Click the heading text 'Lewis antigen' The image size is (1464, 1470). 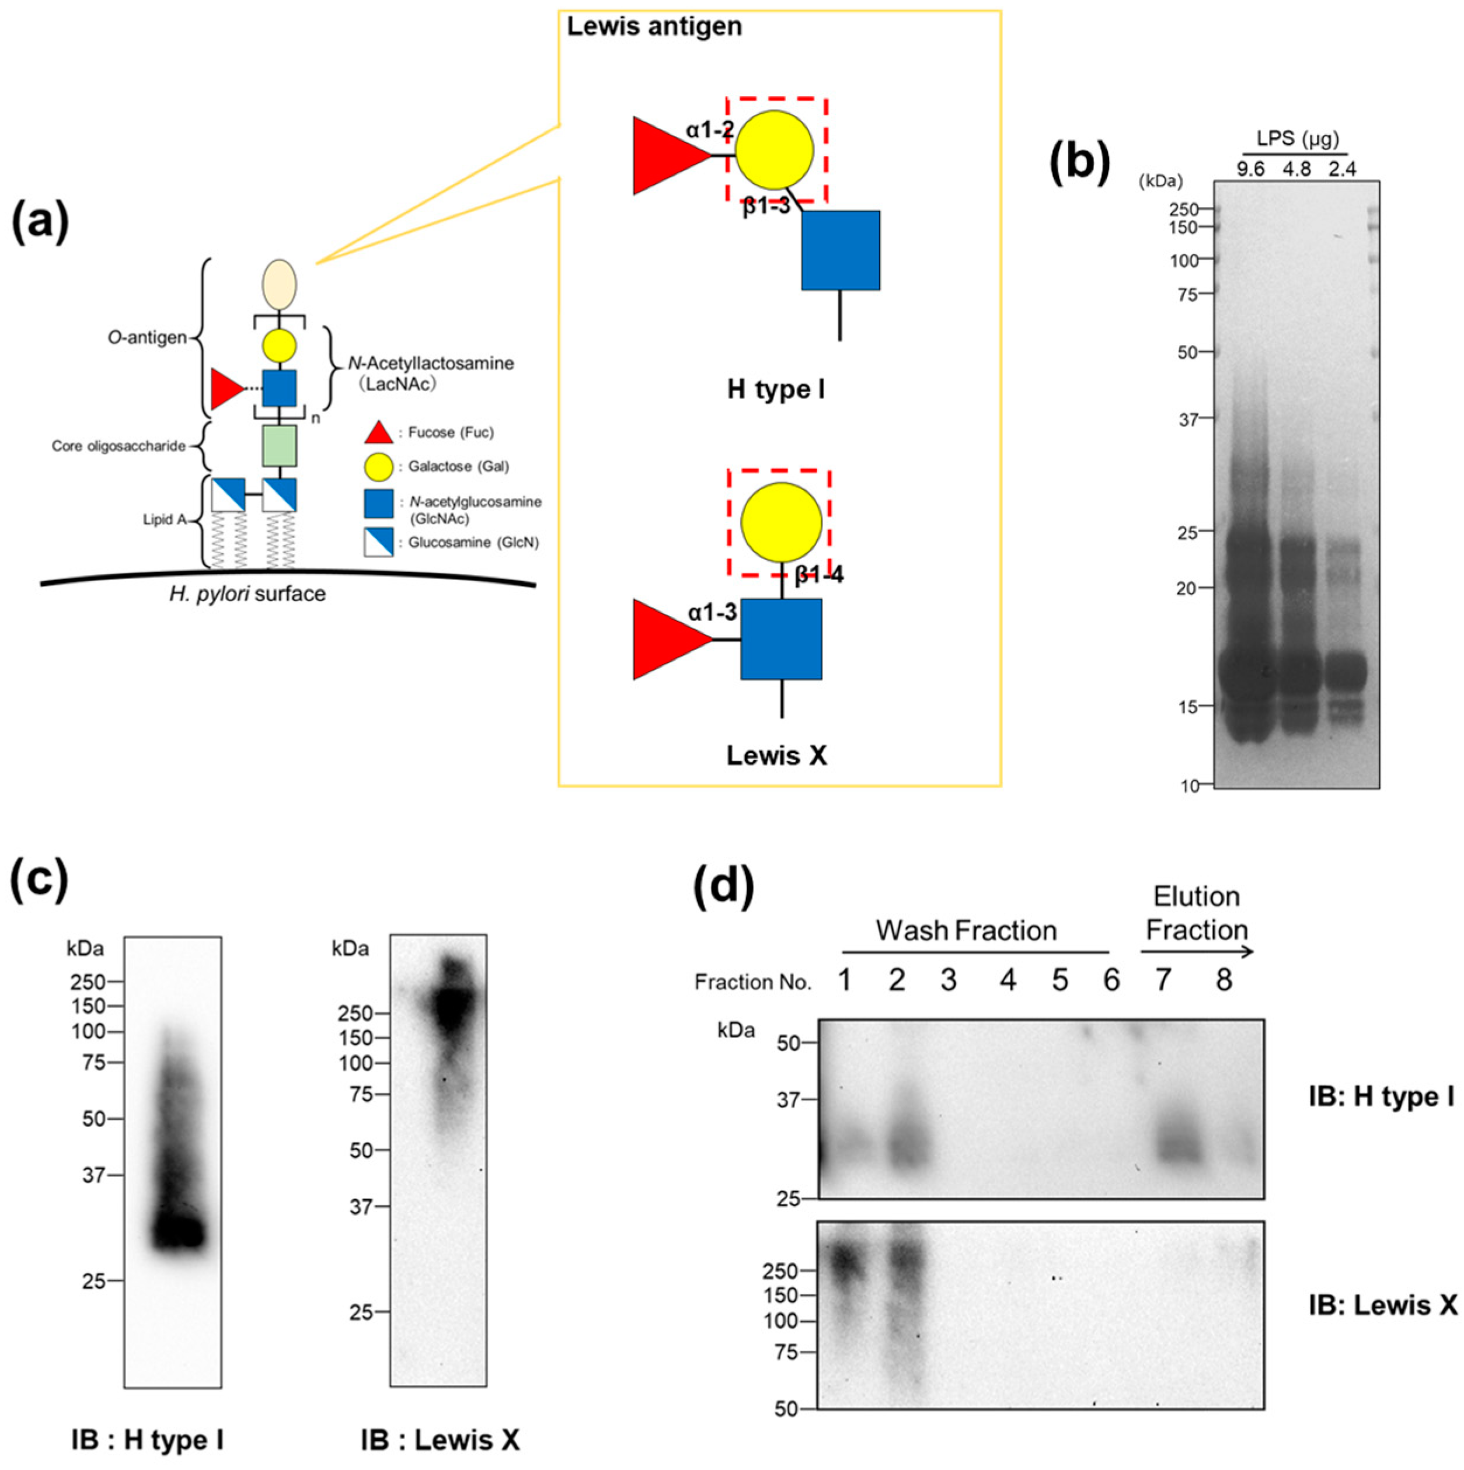point(654,27)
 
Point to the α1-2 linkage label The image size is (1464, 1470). point(709,130)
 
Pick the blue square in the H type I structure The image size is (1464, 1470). point(840,250)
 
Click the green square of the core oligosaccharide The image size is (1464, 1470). point(279,446)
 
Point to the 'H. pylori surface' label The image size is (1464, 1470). point(248,593)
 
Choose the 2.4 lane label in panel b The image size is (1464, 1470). point(1341,169)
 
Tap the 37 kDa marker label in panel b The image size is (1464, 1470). point(1188,418)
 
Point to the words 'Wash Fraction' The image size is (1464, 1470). point(965,931)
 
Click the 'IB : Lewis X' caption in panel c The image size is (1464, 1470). point(440,1440)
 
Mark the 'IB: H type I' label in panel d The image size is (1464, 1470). point(1381,1097)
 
